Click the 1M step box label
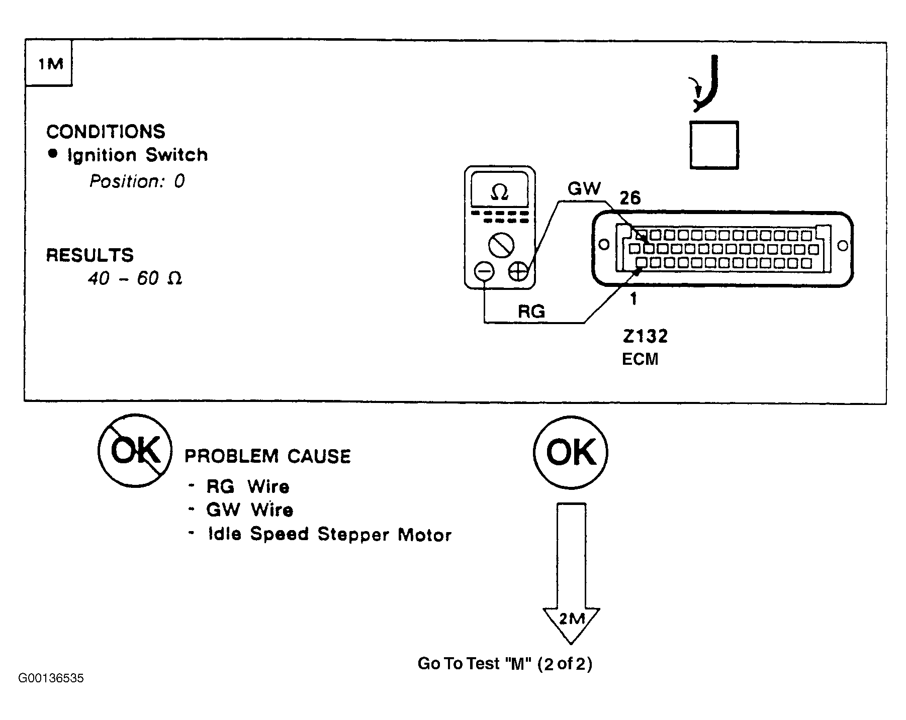click(x=51, y=64)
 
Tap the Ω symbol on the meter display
click(x=499, y=191)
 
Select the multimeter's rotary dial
click(x=501, y=246)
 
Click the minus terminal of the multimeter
click(x=485, y=272)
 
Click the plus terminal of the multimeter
click(x=518, y=272)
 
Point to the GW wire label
click(x=584, y=188)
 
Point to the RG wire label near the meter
click(x=531, y=312)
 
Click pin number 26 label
click(x=630, y=198)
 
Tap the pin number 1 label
click(x=633, y=299)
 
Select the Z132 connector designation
click(x=645, y=336)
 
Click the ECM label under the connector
click(x=640, y=359)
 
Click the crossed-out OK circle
click(x=135, y=451)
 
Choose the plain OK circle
click(x=571, y=452)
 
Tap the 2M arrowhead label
click(x=571, y=620)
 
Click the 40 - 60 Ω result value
click(x=135, y=278)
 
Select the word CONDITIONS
click(x=106, y=132)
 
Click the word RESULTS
click(x=90, y=255)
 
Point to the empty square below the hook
click(x=714, y=145)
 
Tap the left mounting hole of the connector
click(x=604, y=245)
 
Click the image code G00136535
click(x=51, y=678)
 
